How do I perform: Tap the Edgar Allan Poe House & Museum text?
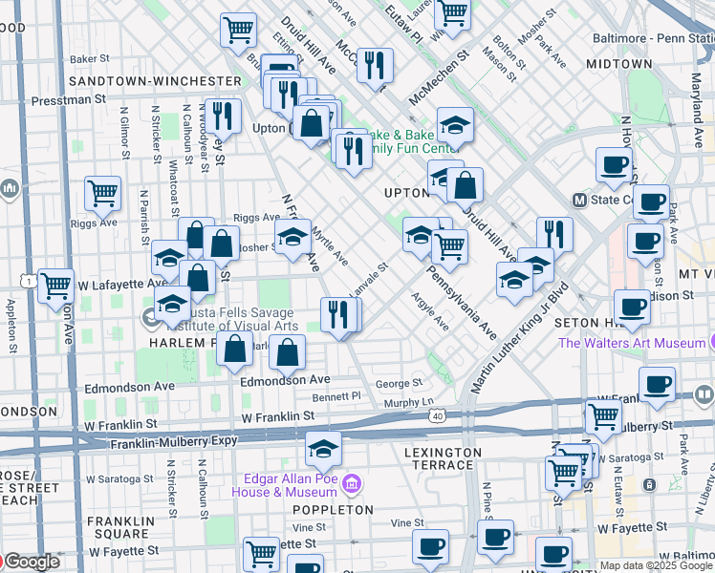285,484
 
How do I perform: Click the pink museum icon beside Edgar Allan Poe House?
352,484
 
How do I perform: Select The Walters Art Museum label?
633,343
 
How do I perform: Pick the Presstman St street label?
65,99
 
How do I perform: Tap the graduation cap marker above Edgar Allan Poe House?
324,447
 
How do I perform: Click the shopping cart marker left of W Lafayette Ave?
56,285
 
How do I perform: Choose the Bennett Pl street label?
341,395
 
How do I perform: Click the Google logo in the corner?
32,562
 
